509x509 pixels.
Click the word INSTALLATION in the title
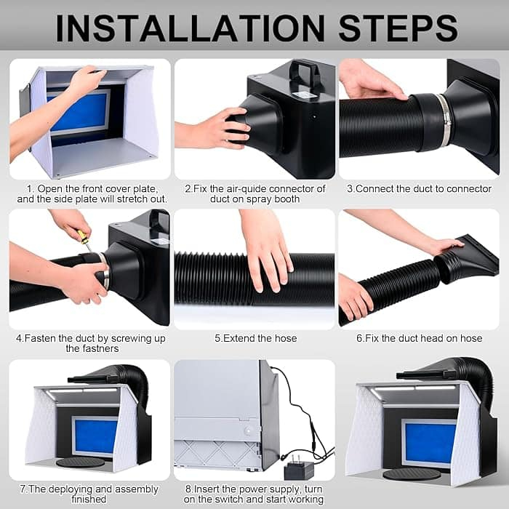tap(191, 28)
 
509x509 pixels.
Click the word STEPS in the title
tap(398, 28)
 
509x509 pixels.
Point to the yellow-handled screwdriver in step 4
tap(84, 239)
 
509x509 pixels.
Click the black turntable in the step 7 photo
tap(81, 462)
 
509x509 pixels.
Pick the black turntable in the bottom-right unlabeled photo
tap(412, 475)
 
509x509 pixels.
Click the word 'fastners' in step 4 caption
tap(92, 348)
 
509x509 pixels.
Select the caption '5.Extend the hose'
tap(256, 338)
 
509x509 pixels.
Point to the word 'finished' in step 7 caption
tap(89, 500)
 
